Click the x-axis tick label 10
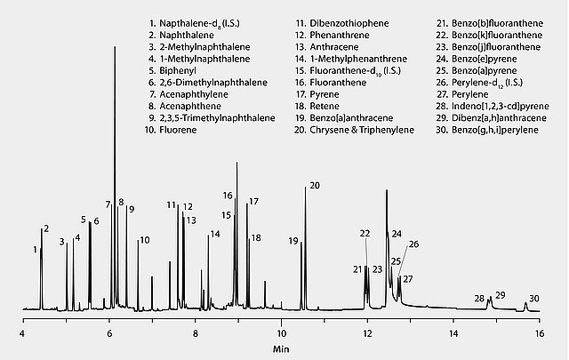pyautogui.click(x=281, y=332)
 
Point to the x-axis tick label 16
pyautogui.click(x=539, y=332)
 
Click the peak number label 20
pyautogui.click(x=314, y=185)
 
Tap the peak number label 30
pyautogui.click(x=533, y=299)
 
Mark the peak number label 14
pyautogui.click(x=214, y=234)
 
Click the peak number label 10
pyautogui.click(x=144, y=239)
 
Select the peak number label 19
pyautogui.click(x=293, y=241)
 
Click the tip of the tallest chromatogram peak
pyautogui.click(x=115, y=46)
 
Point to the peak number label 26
pyautogui.click(x=413, y=244)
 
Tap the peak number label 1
pyautogui.click(x=35, y=250)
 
